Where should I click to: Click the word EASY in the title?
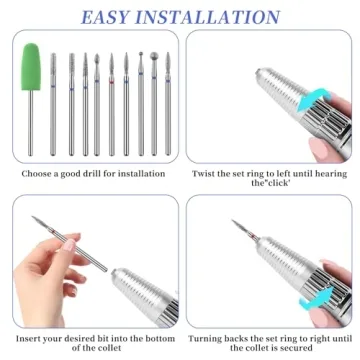click(x=113, y=17)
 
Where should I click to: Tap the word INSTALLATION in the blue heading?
click(x=214, y=17)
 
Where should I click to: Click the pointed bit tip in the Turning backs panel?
click(x=236, y=224)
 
